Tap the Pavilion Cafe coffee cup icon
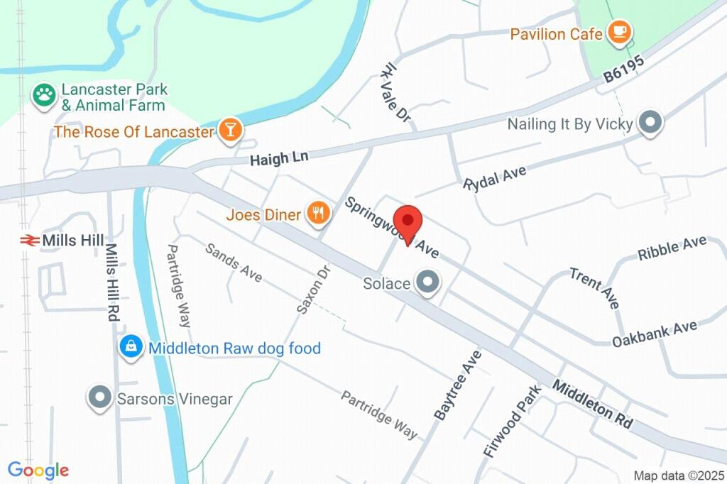[619, 33]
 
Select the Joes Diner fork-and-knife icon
[318, 213]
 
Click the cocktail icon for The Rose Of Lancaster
[231, 131]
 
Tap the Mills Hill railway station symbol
[29, 241]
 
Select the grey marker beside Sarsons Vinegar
[99, 398]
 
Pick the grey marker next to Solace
[428, 283]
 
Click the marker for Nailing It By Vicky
[649, 123]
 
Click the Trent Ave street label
[595, 287]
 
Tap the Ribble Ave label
[672, 248]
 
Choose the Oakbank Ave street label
[655, 334]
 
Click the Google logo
[38, 470]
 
